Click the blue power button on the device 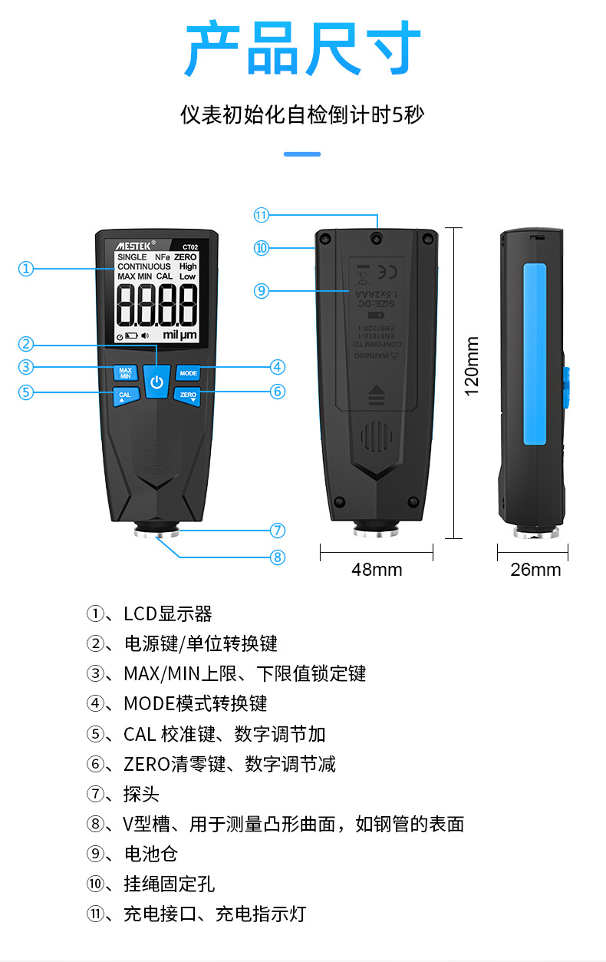click(x=157, y=382)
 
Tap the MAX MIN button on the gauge click(x=126, y=372)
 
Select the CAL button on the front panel click(x=125, y=396)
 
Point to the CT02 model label click(x=189, y=246)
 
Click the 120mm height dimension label click(x=472, y=366)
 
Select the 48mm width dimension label click(x=377, y=570)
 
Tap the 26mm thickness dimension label click(x=535, y=570)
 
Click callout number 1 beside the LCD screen click(x=27, y=269)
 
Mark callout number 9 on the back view click(x=262, y=290)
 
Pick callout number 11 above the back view click(x=262, y=215)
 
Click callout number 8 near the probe click(x=278, y=557)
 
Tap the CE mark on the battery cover click(x=389, y=270)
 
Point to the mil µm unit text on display click(x=179, y=336)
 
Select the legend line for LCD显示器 click(x=150, y=614)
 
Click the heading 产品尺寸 click(x=303, y=50)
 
